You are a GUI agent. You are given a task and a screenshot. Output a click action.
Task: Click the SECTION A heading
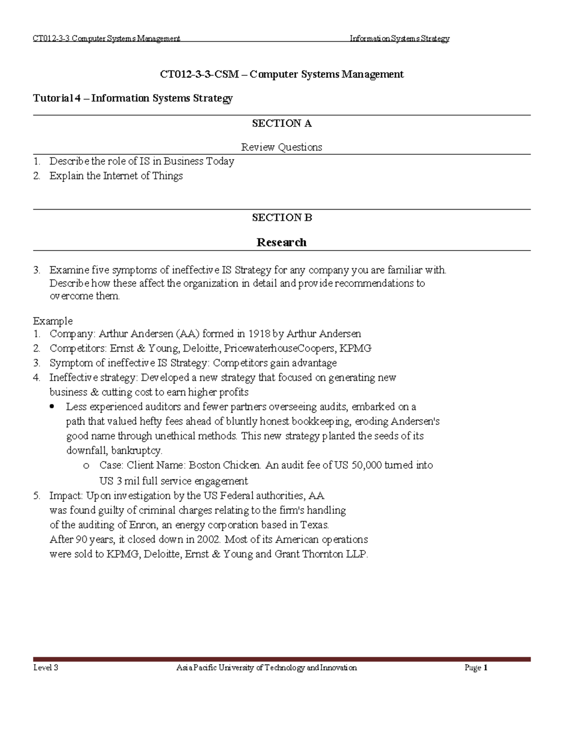coord(282,124)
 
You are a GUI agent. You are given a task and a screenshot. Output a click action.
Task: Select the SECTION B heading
coord(282,218)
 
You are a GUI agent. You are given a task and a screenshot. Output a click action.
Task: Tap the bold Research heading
coord(282,243)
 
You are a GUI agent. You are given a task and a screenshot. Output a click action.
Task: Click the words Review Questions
coord(282,148)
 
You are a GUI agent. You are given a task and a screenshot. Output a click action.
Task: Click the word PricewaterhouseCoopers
coord(280,349)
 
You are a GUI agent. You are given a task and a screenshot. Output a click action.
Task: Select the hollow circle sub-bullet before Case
coord(86,466)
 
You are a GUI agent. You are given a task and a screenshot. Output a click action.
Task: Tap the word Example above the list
coord(53,322)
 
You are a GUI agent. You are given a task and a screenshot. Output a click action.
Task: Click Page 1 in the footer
coord(476,668)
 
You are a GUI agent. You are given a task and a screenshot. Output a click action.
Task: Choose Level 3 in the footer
coord(46,668)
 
